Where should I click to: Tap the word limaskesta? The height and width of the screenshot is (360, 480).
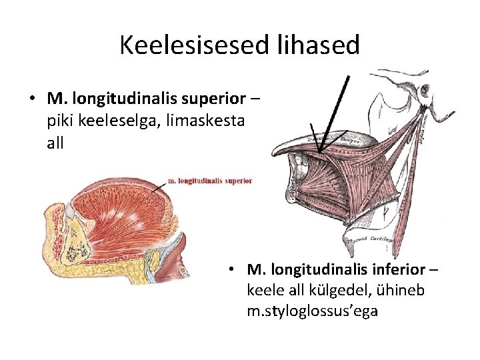coord(207,121)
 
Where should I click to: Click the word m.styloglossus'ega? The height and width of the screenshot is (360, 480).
coord(312,311)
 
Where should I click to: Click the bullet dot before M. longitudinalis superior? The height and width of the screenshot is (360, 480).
coord(32,100)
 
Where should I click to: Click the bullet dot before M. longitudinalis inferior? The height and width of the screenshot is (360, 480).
coord(229,270)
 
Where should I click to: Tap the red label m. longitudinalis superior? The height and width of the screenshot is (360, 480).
coord(209,180)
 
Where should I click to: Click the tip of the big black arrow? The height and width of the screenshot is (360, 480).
coord(319,152)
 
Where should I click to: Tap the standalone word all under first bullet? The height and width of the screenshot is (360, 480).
coord(55,143)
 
